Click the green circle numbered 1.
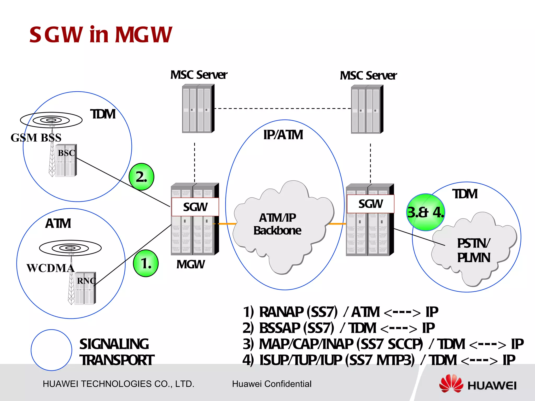[146, 263]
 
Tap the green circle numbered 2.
[141, 177]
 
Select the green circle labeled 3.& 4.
[426, 212]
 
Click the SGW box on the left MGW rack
[195, 207]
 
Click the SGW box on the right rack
[370, 204]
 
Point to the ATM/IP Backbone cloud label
[277, 224]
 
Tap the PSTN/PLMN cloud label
[473, 250]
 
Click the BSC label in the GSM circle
[66, 153]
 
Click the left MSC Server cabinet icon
[198, 109]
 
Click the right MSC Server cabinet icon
[367, 109]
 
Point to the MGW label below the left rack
[190, 264]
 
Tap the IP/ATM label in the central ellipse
[283, 135]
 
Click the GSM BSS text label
[36, 138]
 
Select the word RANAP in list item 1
[281, 312]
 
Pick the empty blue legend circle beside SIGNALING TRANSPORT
[51, 350]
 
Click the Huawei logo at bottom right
[478, 384]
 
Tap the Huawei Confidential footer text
[272, 384]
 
